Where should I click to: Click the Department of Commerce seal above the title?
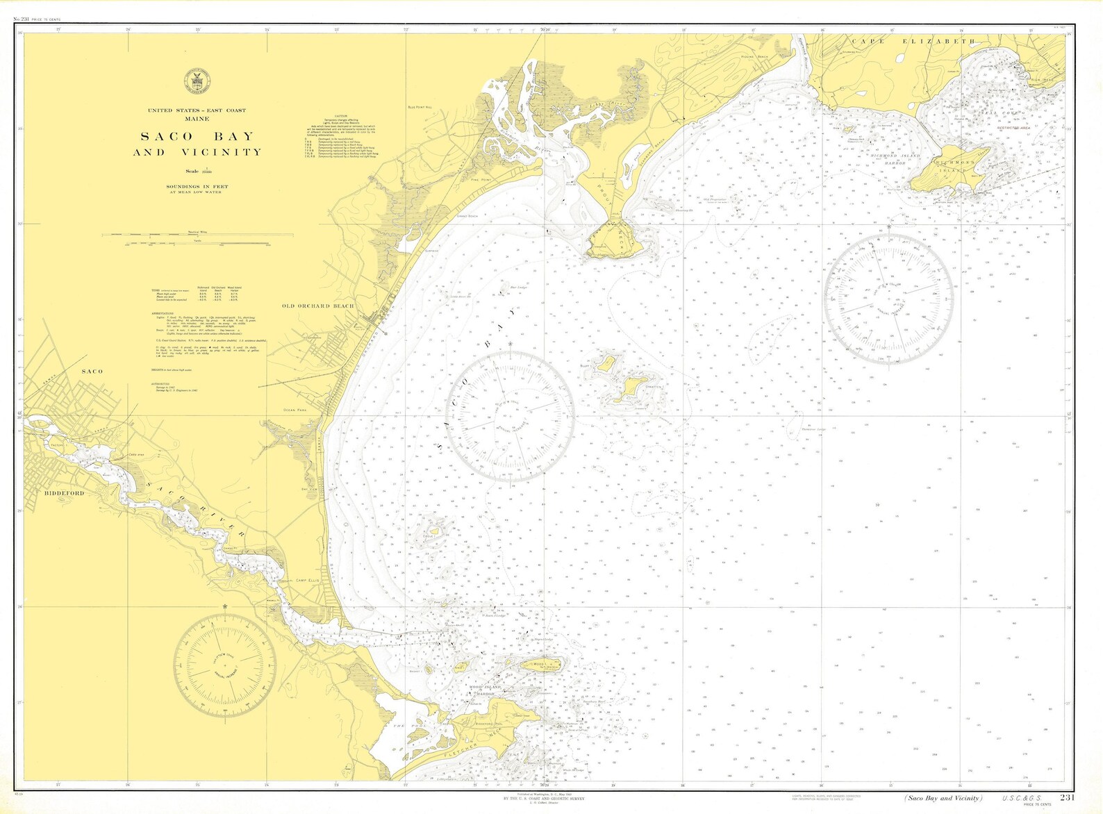(x=195, y=81)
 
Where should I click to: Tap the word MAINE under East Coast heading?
(x=197, y=119)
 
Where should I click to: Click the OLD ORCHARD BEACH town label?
(x=318, y=306)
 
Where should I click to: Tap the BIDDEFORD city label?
(x=64, y=493)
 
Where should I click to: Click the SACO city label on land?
(x=92, y=372)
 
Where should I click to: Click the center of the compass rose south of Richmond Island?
(x=889, y=299)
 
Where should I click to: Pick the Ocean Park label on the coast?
(x=295, y=410)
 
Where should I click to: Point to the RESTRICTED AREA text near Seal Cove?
(x=1013, y=128)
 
